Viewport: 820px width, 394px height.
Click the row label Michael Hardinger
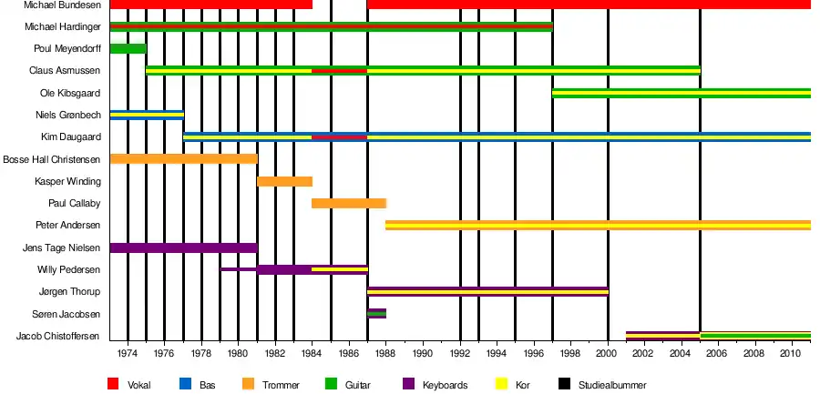pos(63,26)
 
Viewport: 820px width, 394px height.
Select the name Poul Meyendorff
pos(67,48)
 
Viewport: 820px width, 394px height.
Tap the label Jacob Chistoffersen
pos(58,337)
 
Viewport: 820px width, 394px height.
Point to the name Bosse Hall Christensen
pos(52,159)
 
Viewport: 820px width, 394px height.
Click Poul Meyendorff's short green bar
pos(128,48)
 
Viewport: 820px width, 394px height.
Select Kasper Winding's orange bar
pos(284,181)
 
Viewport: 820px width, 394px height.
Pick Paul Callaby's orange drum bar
pos(349,203)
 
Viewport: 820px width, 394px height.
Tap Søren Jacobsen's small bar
pos(376,314)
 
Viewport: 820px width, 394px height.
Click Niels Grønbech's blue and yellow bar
pos(147,115)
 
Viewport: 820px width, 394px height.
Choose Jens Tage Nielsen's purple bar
pos(183,248)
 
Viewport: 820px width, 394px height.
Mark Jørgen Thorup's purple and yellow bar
pos(487,292)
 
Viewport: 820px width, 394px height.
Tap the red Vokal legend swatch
pos(114,384)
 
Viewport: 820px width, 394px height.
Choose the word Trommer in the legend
pos(281,385)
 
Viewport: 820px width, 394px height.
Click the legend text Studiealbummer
pos(612,385)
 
